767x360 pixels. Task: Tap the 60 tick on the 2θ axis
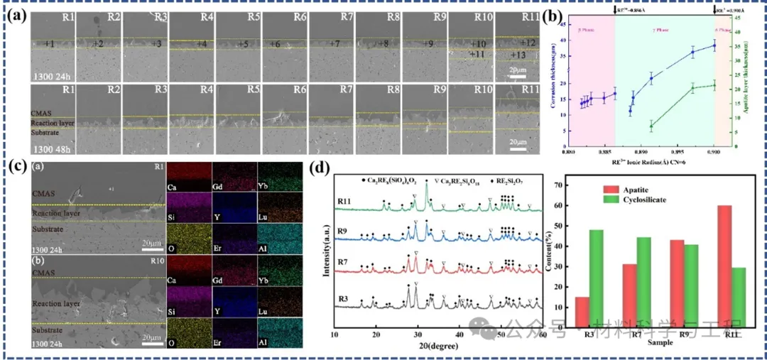tap(542, 334)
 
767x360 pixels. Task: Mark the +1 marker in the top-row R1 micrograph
tap(48, 45)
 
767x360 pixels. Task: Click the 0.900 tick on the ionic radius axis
tap(713, 151)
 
